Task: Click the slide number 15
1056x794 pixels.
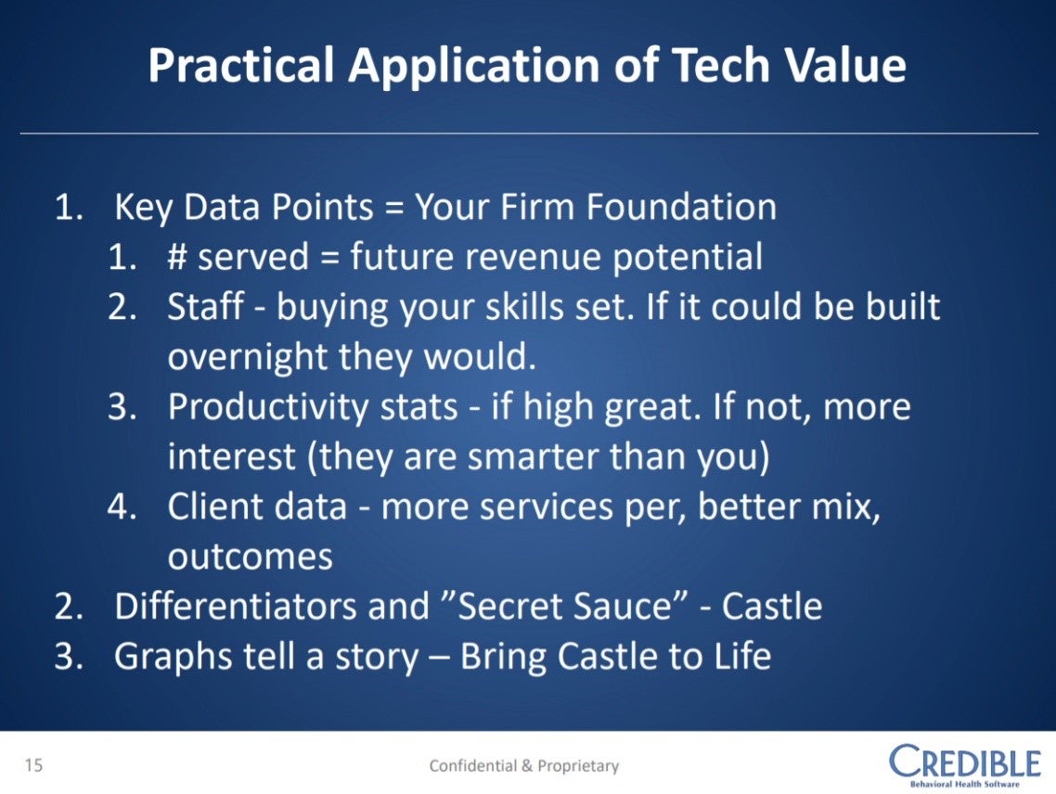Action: (x=33, y=764)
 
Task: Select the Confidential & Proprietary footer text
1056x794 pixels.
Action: (x=524, y=766)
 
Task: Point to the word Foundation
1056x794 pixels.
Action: (x=681, y=206)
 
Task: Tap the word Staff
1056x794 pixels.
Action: (x=205, y=306)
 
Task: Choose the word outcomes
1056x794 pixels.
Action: (x=250, y=557)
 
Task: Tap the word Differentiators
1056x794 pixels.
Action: (x=237, y=606)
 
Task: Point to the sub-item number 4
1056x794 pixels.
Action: (x=122, y=506)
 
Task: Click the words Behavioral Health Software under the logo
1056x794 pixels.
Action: (x=964, y=784)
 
